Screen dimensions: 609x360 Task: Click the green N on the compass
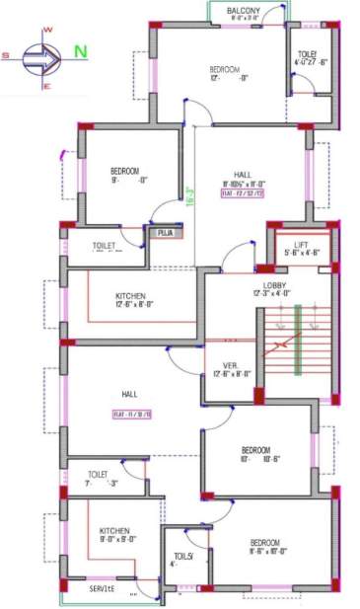point(80,51)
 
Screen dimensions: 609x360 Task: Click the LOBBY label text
point(274,283)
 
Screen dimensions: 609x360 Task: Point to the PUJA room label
point(164,234)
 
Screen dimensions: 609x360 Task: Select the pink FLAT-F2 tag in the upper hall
point(242,193)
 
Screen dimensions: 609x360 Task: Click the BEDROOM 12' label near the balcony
point(224,69)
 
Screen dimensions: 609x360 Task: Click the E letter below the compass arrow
point(45,86)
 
